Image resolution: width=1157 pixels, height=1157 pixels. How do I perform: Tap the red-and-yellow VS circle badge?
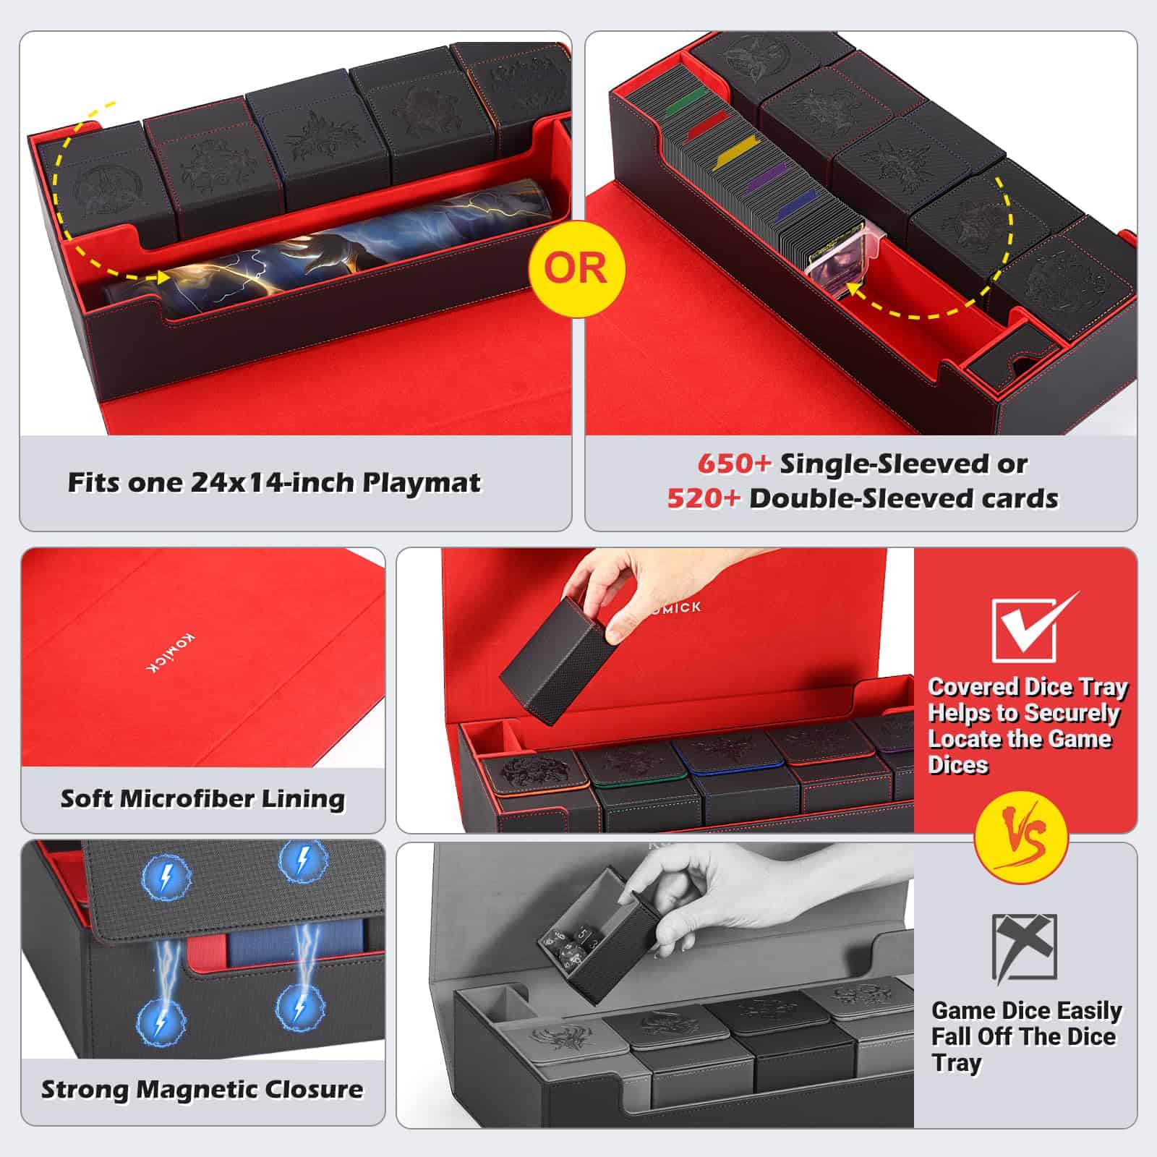[x=1020, y=839]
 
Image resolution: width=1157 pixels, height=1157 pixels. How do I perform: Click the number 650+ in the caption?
[x=734, y=464]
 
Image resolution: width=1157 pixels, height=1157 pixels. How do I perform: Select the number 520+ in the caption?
[x=704, y=499]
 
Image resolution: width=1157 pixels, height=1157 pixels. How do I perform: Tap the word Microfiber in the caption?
[x=187, y=798]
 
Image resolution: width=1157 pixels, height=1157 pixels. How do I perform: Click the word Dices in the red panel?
[x=957, y=765]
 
